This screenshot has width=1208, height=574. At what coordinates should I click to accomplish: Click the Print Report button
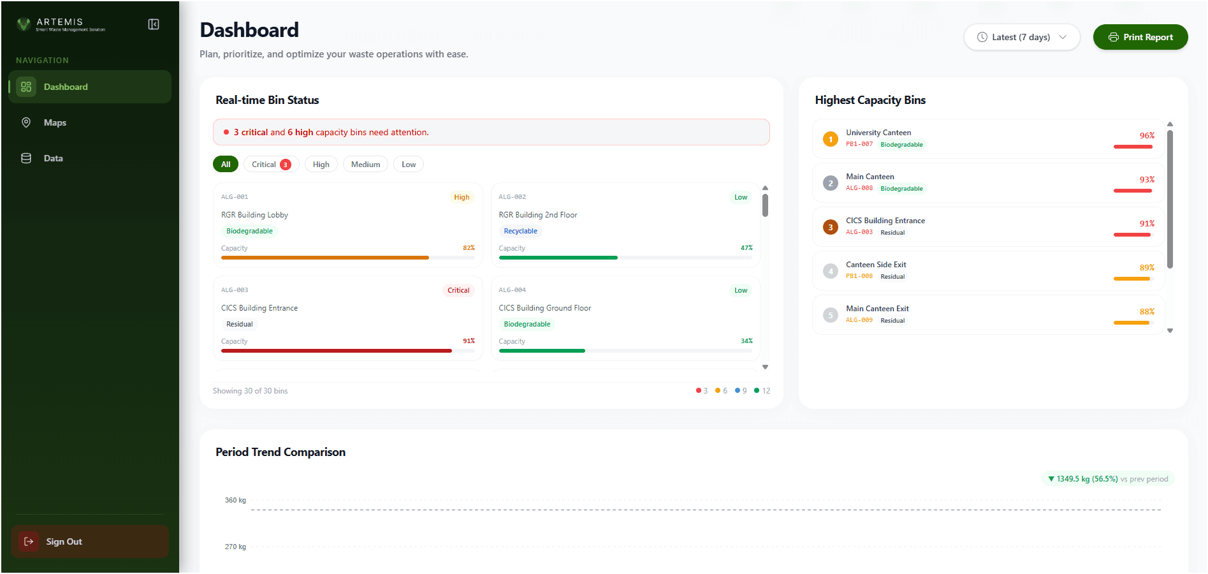pos(1140,37)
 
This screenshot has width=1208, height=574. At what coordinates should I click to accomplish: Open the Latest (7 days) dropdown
pos(1021,37)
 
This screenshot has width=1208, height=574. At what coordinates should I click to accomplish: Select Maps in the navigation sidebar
pos(55,122)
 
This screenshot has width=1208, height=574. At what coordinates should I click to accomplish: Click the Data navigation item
pos(53,158)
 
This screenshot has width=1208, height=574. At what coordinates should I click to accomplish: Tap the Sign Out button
pos(64,541)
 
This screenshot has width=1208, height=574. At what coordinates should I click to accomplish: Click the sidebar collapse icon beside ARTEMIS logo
pos(154,24)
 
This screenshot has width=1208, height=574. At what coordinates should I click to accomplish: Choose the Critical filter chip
pos(271,165)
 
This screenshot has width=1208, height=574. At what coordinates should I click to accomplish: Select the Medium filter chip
pos(365,165)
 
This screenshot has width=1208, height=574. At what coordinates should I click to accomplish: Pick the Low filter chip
pos(409,165)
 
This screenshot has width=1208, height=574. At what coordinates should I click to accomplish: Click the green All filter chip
pos(226,165)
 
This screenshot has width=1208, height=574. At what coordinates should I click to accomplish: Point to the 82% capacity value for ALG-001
pos(469,248)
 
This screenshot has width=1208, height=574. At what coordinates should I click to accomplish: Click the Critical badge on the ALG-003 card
pos(458,290)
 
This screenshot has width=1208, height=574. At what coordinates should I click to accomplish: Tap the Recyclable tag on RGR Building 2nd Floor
pos(520,231)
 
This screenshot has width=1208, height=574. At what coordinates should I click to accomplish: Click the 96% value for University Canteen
pos(1146,136)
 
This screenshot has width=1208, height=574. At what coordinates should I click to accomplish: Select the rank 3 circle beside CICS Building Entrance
pos(830,227)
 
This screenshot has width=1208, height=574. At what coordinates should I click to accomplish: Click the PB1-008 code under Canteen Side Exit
pos(859,276)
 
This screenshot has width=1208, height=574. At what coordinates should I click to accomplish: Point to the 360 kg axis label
pos(235,500)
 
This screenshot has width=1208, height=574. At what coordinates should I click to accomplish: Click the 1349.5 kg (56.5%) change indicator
pos(1087,479)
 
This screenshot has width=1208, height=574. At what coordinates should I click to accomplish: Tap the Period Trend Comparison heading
pos(280,452)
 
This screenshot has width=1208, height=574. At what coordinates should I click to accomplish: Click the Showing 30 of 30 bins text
pos(250,391)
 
